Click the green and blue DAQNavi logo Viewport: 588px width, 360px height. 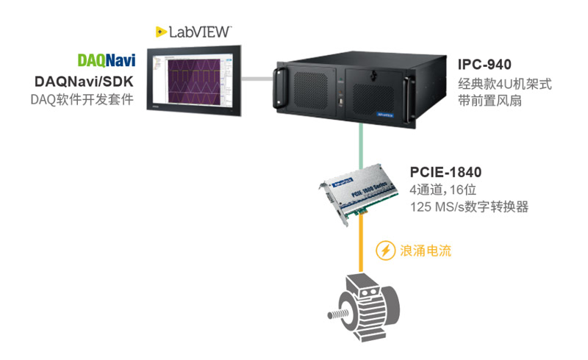point(107,60)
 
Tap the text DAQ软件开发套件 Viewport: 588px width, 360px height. point(82,99)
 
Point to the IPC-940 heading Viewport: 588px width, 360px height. point(484,65)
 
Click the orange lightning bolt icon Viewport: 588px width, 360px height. point(385,251)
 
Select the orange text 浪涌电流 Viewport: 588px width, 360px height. point(425,251)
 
